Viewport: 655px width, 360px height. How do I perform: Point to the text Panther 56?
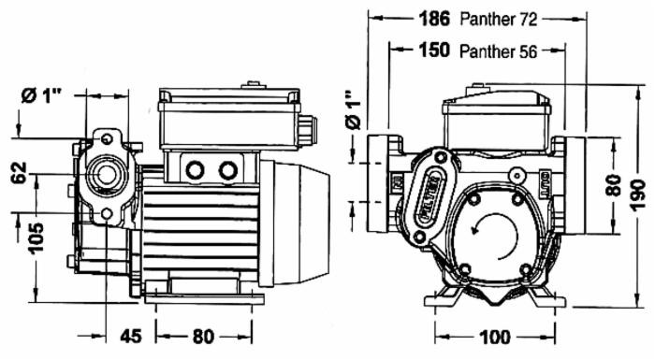pyautogui.click(x=498, y=52)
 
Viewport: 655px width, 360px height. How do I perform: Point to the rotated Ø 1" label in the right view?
pyautogui.click(x=353, y=110)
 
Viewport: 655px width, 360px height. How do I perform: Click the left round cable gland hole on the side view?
pyautogui.click(x=196, y=170)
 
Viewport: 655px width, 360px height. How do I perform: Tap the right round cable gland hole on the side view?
pyautogui.click(x=227, y=170)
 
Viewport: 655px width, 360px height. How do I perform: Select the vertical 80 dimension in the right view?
pyautogui.click(x=614, y=183)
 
